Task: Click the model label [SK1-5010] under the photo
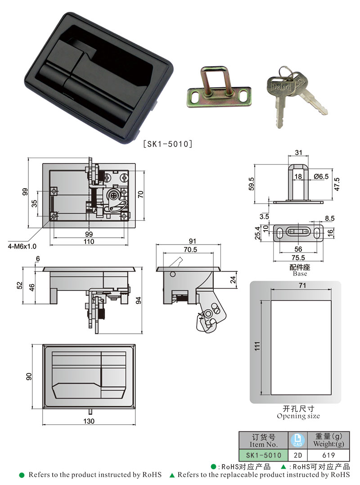click(x=168, y=144)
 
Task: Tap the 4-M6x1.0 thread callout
click(x=21, y=246)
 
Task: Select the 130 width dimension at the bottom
click(x=89, y=421)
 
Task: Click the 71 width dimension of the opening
click(x=302, y=285)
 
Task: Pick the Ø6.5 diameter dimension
click(x=322, y=176)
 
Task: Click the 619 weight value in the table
click(x=330, y=455)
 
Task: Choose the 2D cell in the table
click(x=297, y=455)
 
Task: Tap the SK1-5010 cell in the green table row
click(x=263, y=455)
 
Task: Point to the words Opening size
click(x=298, y=416)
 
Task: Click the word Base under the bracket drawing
click(x=300, y=273)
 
